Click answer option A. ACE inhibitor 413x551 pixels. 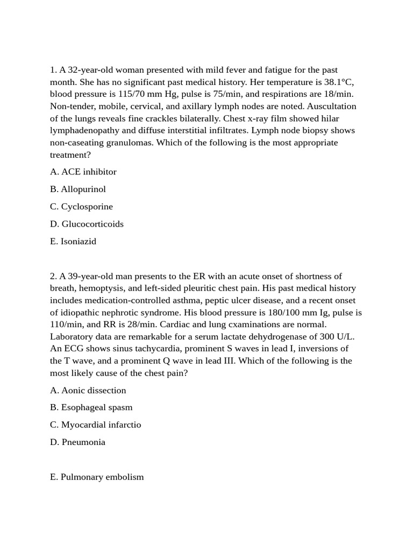(x=83, y=172)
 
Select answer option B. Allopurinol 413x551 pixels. (x=78, y=189)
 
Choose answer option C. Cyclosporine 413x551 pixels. (x=81, y=206)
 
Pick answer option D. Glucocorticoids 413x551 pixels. (x=87, y=224)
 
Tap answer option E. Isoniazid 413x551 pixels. (x=73, y=241)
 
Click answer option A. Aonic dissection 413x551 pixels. (x=88, y=390)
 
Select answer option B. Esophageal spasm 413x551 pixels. (x=91, y=407)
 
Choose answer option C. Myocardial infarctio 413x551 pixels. (x=95, y=425)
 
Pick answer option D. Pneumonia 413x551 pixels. (x=77, y=442)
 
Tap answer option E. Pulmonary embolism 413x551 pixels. (x=97, y=477)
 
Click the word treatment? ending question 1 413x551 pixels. (x=70, y=154)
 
